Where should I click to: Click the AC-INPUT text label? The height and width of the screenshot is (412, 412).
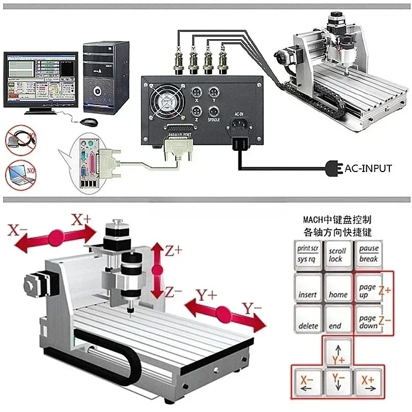(368, 168)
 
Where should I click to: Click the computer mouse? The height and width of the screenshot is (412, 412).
(89, 122)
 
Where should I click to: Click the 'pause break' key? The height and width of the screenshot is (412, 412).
(369, 253)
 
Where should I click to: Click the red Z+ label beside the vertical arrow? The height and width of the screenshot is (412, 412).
(174, 251)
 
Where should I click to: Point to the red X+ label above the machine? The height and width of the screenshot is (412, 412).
(81, 220)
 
